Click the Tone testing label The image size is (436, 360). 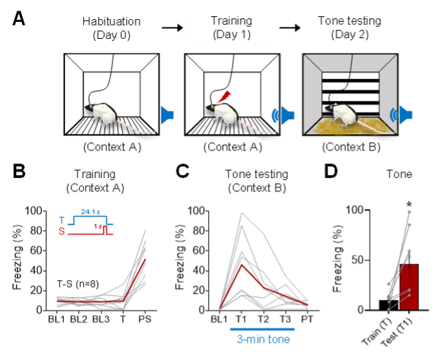(x=350, y=20)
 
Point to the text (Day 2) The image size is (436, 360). (x=350, y=35)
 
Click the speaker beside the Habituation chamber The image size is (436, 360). (x=166, y=114)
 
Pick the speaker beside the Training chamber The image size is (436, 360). (x=285, y=114)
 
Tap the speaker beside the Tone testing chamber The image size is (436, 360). (x=405, y=114)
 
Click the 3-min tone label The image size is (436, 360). (x=262, y=340)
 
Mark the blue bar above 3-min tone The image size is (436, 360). (x=262, y=329)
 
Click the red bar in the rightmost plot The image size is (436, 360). (x=409, y=287)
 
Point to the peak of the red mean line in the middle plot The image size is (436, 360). (x=242, y=266)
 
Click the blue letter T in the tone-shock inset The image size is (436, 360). (x=62, y=219)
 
